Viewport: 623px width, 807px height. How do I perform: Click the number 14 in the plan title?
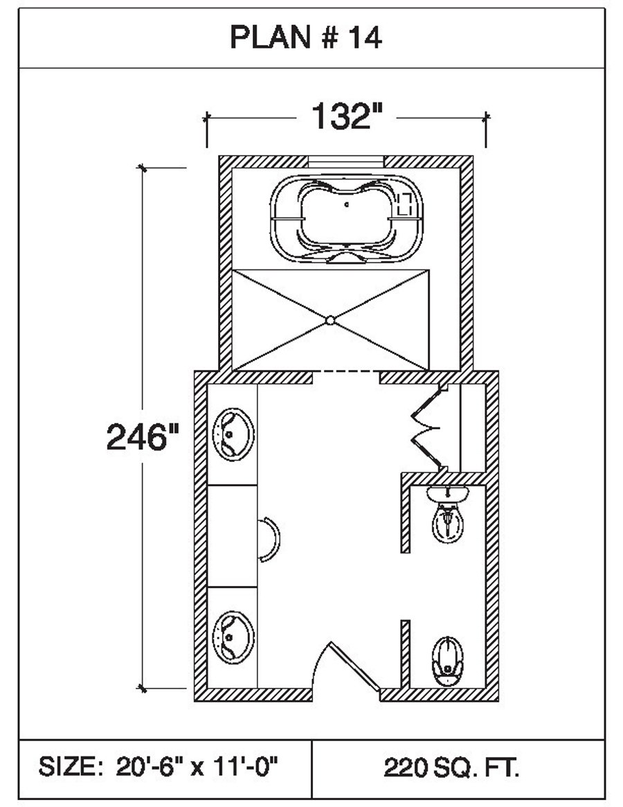point(366,37)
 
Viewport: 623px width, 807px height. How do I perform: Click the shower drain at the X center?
point(330,320)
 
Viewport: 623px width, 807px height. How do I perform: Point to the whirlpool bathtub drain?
point(347,204)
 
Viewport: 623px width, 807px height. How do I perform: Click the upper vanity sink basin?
point(233,434)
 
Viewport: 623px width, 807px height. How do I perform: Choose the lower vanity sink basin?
point(233,637)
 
